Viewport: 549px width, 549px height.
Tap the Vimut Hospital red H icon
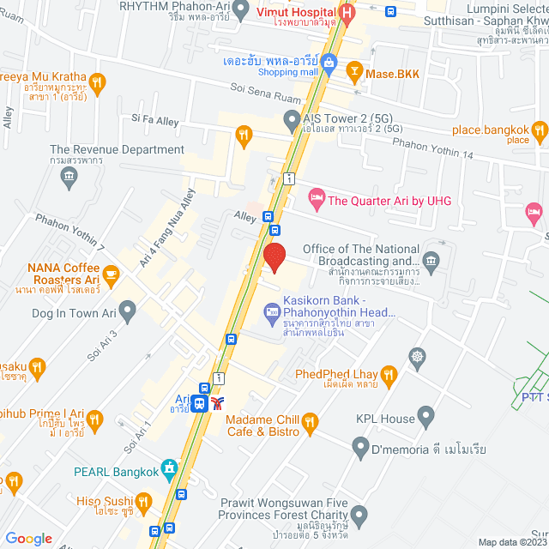[x=347, y=14]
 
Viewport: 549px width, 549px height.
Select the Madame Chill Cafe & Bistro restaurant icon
[x=311, y=422]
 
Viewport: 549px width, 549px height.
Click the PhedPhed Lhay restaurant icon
[x=389, y=374]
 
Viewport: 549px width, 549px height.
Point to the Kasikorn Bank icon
[x=272, y=309]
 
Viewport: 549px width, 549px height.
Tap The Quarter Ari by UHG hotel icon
[x=316, y=201]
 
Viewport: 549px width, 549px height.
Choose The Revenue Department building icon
[x=69, y=177]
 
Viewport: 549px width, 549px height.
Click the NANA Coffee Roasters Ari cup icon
[x=112, y=274]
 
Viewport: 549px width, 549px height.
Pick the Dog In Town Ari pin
[x=128, y=309]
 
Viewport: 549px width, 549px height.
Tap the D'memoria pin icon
[x=360, y=448]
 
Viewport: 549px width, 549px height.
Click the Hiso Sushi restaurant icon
[x=144, y=501]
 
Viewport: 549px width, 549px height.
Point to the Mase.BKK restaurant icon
[x=354, y=74]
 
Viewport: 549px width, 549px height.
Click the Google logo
[x=28, y=538]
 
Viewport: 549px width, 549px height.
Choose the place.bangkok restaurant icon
[x=539, y=132]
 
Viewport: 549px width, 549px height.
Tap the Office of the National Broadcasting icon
[x=431, y=259]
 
